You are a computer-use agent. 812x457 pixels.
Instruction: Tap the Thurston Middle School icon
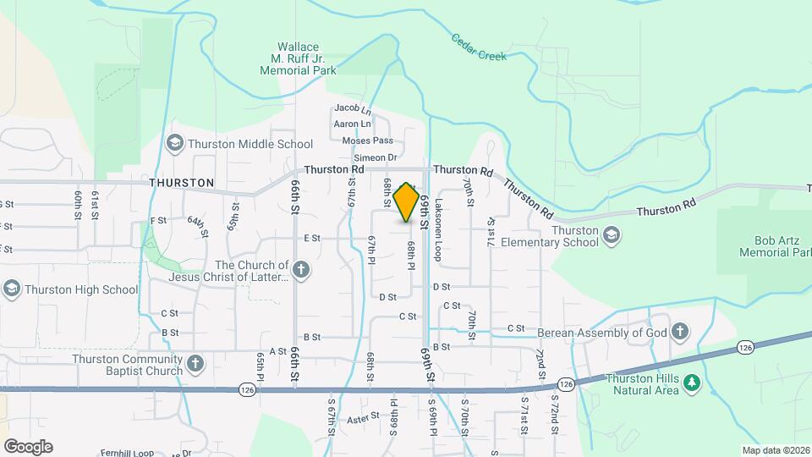(175, 143)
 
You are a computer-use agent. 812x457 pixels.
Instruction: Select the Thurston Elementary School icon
(612, 235)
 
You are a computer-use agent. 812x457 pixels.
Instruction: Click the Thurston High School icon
(11, 289)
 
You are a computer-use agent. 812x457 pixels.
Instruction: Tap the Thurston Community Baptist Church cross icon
(195, 365)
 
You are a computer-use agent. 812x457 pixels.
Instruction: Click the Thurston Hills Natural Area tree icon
(692, 383)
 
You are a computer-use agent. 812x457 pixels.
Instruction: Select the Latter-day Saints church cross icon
(302, 271)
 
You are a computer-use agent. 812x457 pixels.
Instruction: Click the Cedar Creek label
(479, 48)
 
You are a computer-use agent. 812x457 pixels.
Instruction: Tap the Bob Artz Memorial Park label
(769, 246)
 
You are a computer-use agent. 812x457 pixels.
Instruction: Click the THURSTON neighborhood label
(181, 183)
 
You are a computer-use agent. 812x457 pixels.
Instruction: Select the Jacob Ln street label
(353, 108)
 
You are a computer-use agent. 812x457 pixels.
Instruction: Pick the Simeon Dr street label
(376, 157)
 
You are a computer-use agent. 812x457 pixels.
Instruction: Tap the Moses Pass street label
(368, 140)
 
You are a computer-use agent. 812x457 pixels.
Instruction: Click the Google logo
(28, 446)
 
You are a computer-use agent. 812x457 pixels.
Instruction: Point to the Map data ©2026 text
(775, 450)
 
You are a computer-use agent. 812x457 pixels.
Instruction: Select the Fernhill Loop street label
(127, 454)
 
